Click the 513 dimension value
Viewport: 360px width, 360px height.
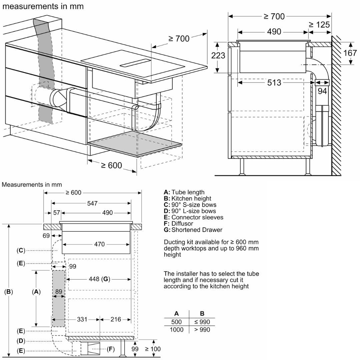coord(274,82)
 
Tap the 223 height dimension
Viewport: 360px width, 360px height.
coord(218,55)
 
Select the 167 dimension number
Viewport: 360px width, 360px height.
coord(350,53)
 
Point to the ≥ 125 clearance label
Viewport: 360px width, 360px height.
coord(319,24)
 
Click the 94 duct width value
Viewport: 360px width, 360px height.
coord(322,91)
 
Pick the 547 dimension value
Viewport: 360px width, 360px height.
coord(92,203)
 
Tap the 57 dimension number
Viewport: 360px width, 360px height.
coord(56,213)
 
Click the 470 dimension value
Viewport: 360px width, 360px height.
coord(99,244)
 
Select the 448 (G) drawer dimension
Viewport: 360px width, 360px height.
coord(99,279)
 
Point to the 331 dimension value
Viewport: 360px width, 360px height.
coord(82,319)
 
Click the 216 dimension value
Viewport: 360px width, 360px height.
coord(115,319)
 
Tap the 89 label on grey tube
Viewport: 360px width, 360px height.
coord(59,292)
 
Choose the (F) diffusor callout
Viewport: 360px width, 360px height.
coord(111,349)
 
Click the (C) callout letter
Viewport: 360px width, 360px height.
coord(21,250)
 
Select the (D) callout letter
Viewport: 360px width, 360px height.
coord(21,341)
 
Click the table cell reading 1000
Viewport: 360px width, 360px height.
coord(176,330)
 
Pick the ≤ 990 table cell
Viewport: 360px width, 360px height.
coord(202,322)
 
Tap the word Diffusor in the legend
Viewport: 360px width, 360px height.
coord(182,224)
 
